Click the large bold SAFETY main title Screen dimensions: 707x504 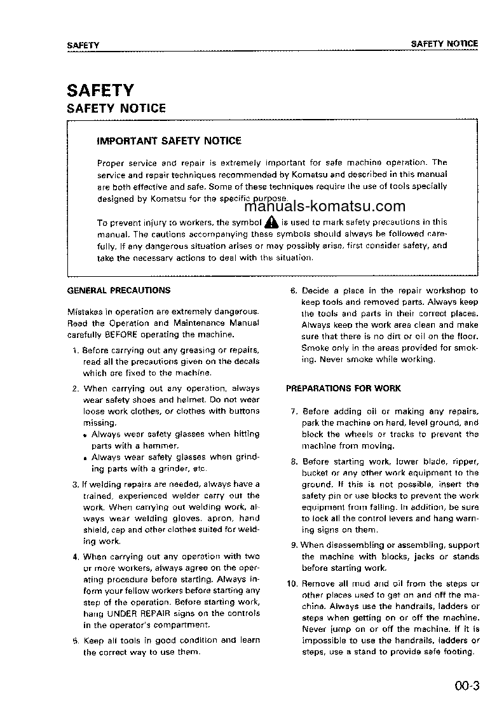click(x=100, y=90)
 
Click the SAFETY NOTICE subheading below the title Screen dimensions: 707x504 click(x=116, y=109)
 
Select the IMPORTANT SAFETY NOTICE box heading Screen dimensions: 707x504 click(x=168, y=141)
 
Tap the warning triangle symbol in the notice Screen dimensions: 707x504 click(x=271, y=222)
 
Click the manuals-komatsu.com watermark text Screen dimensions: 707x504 click(x=324, y=206)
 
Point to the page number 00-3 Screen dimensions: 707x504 click(x=466, y=686)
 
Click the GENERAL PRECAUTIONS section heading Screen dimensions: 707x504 click(x=119, y=290)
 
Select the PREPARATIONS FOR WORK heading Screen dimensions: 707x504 click(x=343, y=388)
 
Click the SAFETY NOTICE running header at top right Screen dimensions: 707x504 click(x=444, y=44)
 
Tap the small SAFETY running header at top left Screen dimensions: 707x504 click(x=83, y=45)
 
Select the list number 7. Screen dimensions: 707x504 click(x=294, y=412)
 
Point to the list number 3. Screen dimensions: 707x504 click(x=75, y=485)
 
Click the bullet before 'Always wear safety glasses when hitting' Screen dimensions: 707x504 click(x=86, y=435)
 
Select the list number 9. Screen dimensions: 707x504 click(x=294, y=545)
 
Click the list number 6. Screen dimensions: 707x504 click(x=294, y=291)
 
